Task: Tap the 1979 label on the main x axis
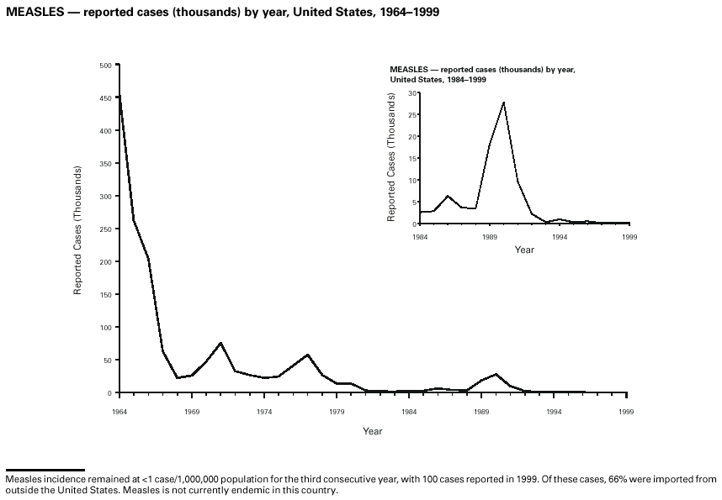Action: point(337,412)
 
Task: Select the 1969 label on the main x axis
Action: point(192,412)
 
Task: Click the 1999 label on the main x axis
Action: point(626,412)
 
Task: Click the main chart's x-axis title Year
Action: point(373,431)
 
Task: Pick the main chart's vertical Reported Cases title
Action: point(78,229)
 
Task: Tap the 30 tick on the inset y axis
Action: point(413,92)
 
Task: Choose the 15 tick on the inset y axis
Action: point(413,158)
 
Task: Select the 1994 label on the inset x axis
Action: point(560,237)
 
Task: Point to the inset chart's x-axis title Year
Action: point(524,250)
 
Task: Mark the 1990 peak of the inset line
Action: point(503,102)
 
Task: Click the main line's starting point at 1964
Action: point(119,95)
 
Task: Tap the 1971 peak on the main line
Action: point(220,343)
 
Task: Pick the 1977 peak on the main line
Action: point(307,355)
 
